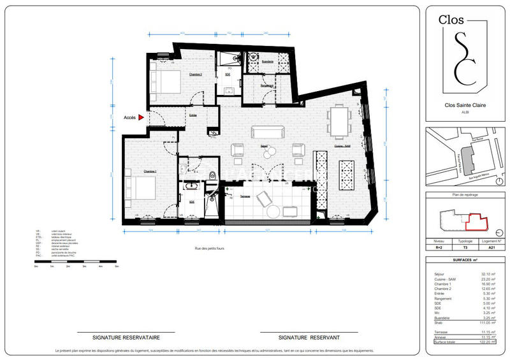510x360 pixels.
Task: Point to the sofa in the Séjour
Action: pos(267,132)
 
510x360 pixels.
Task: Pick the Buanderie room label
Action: pos(267,61)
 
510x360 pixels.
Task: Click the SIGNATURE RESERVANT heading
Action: pos(309,337)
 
